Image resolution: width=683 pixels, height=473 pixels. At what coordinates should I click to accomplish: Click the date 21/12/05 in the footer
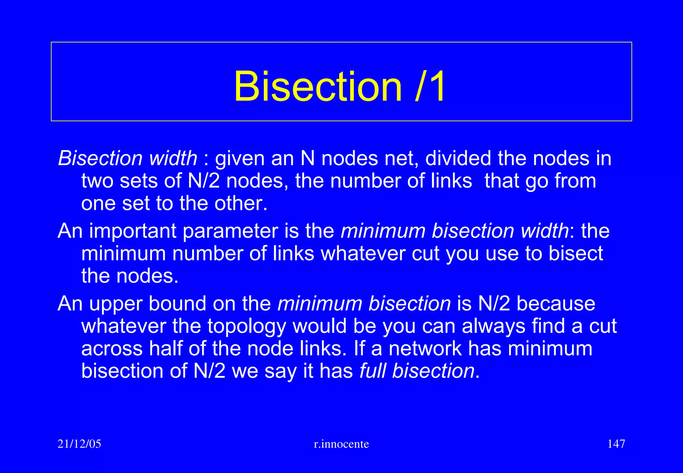coord(79,444)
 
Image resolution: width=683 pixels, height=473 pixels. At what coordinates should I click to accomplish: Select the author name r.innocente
coord(341,444)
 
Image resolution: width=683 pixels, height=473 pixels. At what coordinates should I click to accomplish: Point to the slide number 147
coord(616,444)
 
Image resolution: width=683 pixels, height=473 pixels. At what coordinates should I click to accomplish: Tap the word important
coord(132,231)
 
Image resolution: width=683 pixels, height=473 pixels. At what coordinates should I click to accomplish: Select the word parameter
coord(230,231)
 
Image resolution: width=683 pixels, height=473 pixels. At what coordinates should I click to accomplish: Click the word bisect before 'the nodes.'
coord(576,254)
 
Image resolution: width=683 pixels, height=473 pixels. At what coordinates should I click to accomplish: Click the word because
coord(556,304)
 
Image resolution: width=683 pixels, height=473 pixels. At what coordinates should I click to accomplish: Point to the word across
coord(112,349)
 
